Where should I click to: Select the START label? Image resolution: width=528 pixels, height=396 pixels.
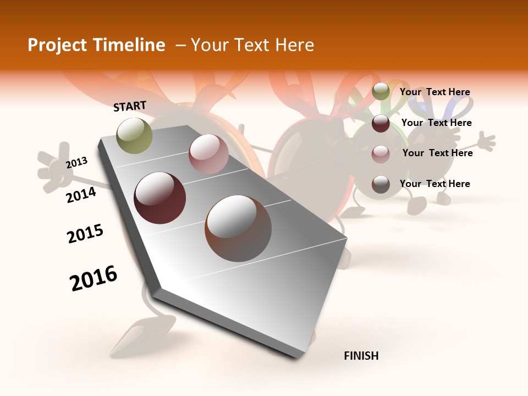point(130,106)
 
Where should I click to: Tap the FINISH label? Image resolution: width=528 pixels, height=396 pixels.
point(361,356)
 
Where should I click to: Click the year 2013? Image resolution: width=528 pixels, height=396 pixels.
point(77,162)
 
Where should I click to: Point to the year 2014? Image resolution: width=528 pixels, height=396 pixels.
point(81,195)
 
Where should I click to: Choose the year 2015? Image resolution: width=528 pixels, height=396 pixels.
point(85,234)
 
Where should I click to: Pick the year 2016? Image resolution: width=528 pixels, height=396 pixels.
point(94,278)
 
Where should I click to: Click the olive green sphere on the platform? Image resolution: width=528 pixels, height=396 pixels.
point(135,135)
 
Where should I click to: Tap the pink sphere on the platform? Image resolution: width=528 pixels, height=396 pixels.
point(208,153)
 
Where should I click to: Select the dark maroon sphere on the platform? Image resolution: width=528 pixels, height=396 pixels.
point(160,198)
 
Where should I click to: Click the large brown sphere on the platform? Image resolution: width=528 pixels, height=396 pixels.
point(238,228)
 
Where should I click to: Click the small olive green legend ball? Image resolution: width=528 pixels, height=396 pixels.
point(381,92)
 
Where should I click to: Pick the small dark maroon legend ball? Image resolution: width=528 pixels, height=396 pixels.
point(381,123)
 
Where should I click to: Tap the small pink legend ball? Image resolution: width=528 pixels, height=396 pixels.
point(381,154)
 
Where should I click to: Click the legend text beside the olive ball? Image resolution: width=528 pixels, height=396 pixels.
point(435,92)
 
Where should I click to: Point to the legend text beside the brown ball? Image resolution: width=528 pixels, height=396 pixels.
point(435,184)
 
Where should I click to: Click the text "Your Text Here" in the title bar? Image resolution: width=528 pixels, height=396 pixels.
point(252,45)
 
